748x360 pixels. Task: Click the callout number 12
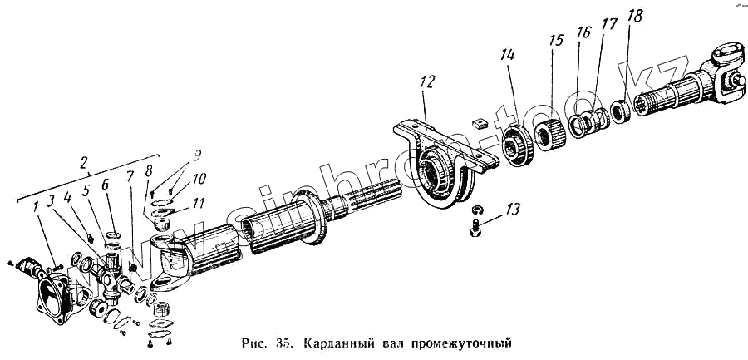point(426,82)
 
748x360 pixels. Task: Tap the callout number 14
point(508,55)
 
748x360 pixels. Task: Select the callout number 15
point(556,41)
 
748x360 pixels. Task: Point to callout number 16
point(584,33)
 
